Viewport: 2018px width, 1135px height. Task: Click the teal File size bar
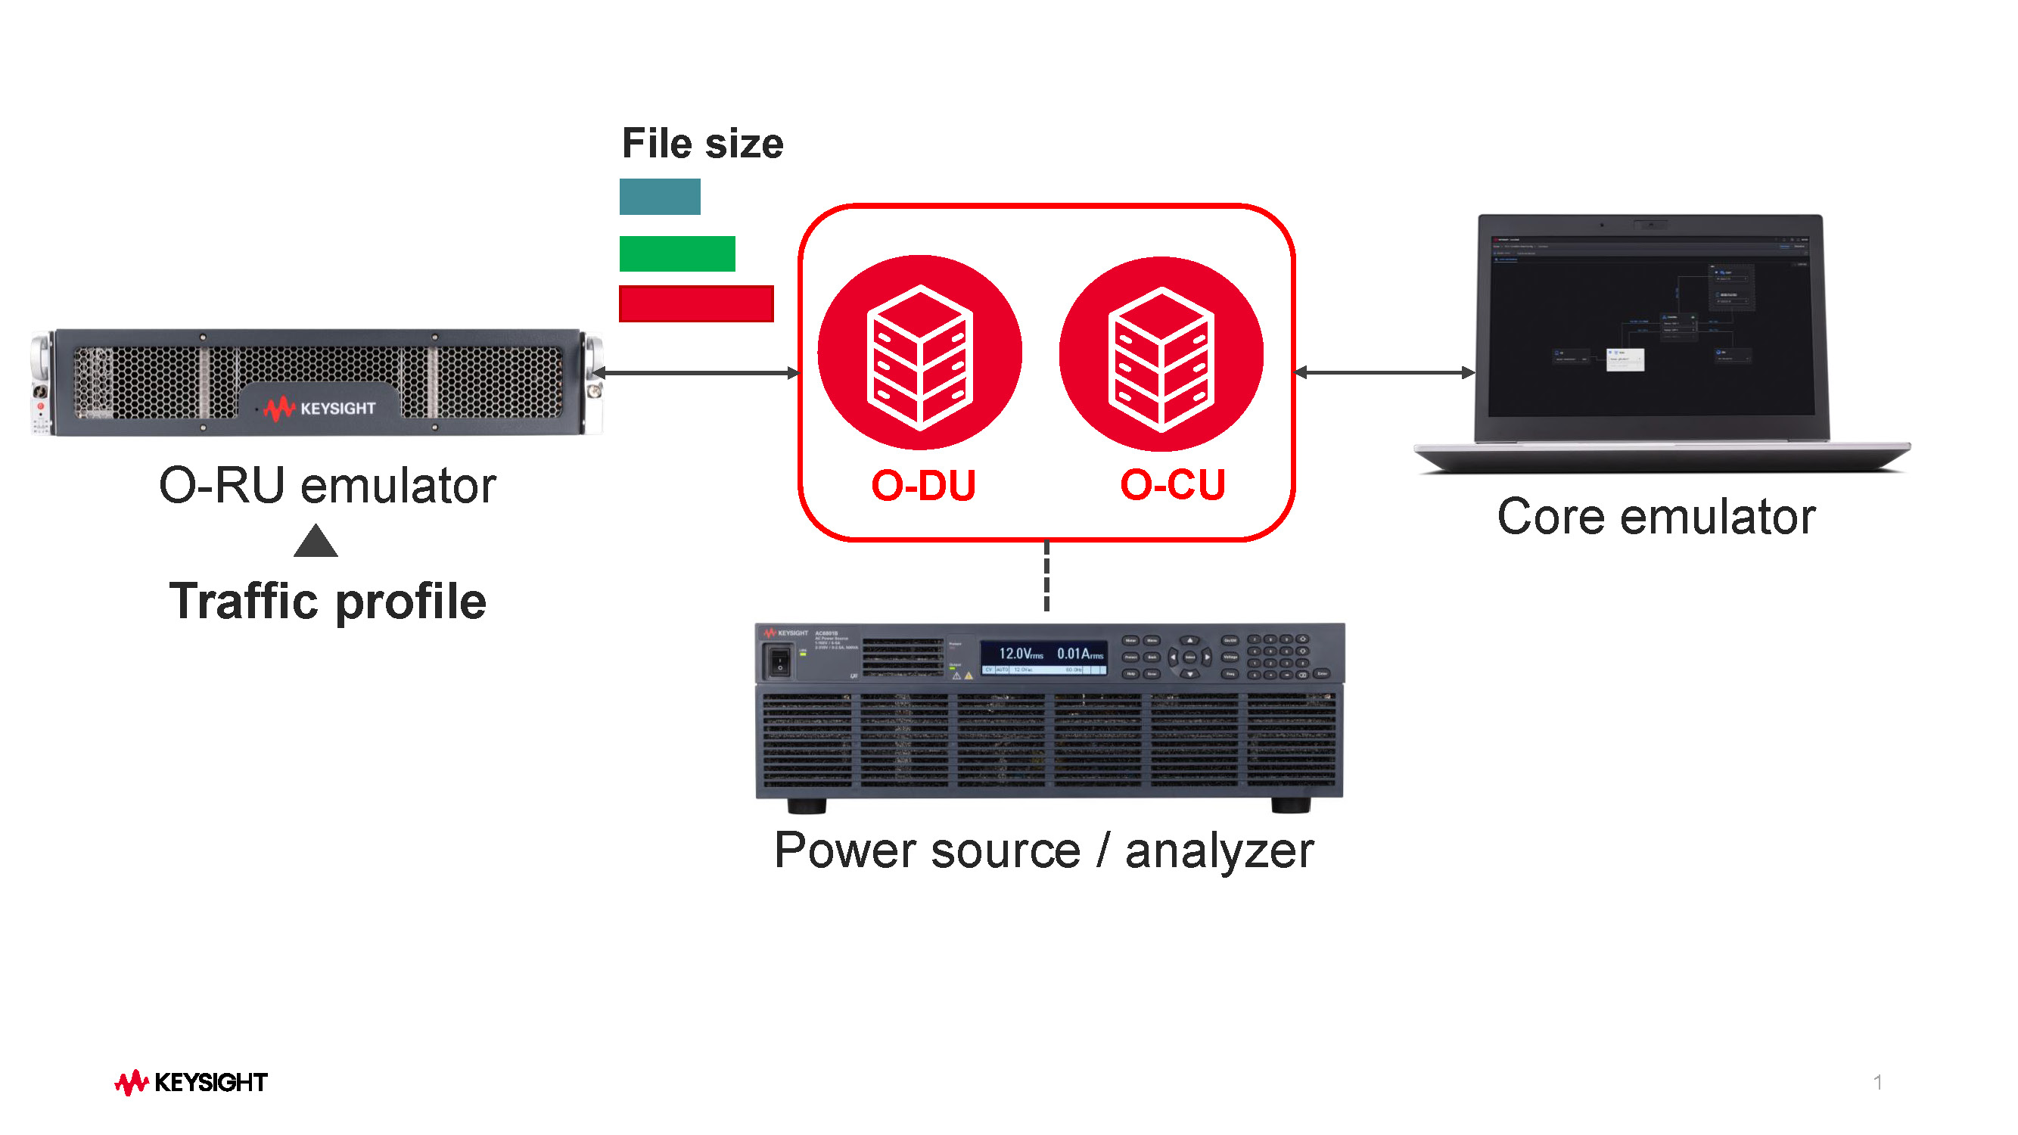[660, 197]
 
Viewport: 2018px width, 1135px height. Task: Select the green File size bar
[677, 253]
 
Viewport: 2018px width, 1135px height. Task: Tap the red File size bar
[695, 304]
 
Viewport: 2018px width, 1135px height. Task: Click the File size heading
[702, 144]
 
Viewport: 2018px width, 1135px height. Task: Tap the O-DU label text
[923, 486]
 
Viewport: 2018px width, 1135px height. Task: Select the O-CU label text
[1172, 485]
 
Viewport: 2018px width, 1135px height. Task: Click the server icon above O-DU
[919, 354]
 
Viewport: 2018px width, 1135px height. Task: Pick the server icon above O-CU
[1161, 356]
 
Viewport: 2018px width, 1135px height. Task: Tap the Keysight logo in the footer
[191, 1083]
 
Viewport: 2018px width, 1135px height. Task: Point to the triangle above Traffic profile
[316, 543]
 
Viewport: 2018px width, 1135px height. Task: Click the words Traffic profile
[328, 602]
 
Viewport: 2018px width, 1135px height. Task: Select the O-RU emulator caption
[328, 486]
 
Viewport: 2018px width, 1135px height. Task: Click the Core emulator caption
[1656, 517]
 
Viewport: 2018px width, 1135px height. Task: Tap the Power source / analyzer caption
[1043, 850]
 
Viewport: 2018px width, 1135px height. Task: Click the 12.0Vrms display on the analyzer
[1021, 654]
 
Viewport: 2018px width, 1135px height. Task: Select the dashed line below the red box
[1046, 577]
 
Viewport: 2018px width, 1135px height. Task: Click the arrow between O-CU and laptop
[1384, 373]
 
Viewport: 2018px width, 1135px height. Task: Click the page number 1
[1877, 1083]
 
